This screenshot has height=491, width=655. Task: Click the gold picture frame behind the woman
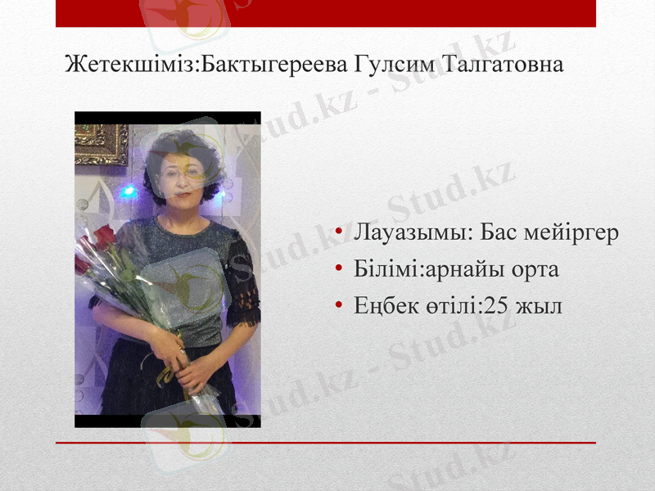tap(100, 144)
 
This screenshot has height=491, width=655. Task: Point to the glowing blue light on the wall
tap(128, 191)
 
